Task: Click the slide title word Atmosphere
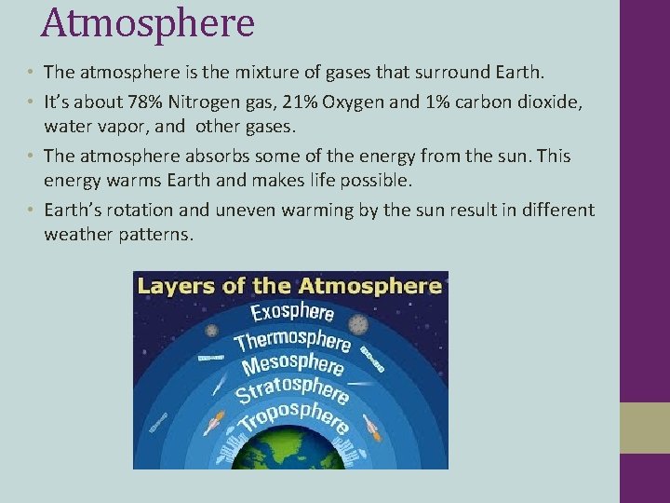[x=147, y=23]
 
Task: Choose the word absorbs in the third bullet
[x=221, y=156]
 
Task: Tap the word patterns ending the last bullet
[x=156, y=235]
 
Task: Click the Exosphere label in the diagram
[x=292, y=312]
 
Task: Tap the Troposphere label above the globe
[x=292, y=416]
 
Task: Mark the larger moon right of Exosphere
[x=358, y=325]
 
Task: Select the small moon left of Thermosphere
[x=212, y=331]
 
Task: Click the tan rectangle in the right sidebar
[x=644, y=428]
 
